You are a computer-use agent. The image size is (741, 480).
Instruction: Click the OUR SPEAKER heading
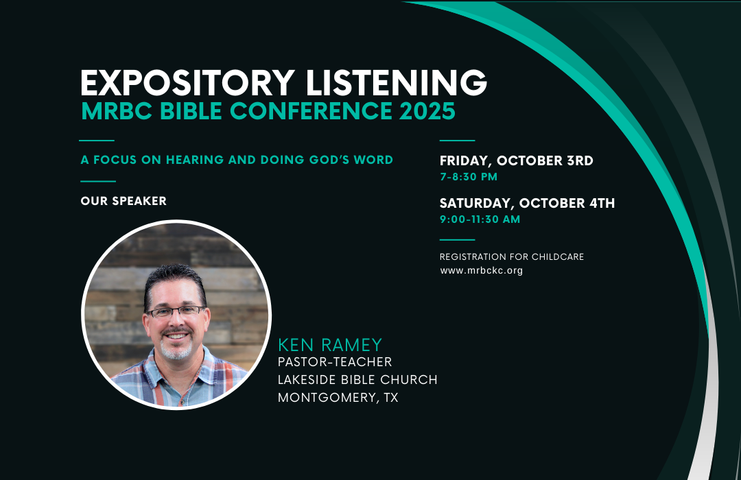pyautogui.click(x=123, y=201)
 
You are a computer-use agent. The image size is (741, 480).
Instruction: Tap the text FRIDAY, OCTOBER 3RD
pyautogui.click(x=516, y=161)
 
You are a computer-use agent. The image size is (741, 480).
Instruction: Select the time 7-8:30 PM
pyautogui.click(x=469, y=177)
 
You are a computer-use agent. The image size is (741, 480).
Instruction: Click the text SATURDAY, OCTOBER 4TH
pyautogui.click(x=527, y=203)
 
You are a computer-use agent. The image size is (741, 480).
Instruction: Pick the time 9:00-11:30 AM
pyautogui.click(x=480, y=219)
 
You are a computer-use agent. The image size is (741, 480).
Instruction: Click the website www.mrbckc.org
pyautogui.click(x=481, y=271)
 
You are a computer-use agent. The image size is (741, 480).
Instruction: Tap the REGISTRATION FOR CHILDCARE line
pyautogui.click(x=511, y=257)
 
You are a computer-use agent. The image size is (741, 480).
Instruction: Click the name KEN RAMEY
pyautogui.click(x=330, y=345)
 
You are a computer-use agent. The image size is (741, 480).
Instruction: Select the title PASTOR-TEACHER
pyautogui.click(x=335, y=362)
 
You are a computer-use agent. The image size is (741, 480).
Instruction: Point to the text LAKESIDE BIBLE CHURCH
pyautogui.click(x=357, y=380)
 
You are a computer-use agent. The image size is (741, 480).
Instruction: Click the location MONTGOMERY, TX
pyautogui.click(x=338, y=397)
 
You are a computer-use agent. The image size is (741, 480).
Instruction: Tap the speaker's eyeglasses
pyautogui.click(x=175, y=312)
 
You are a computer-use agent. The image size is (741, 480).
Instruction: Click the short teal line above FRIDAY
pyautogui.click(x=457, y=141)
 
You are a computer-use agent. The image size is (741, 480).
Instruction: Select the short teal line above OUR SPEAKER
pyautogui.click(x=98, y=182)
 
